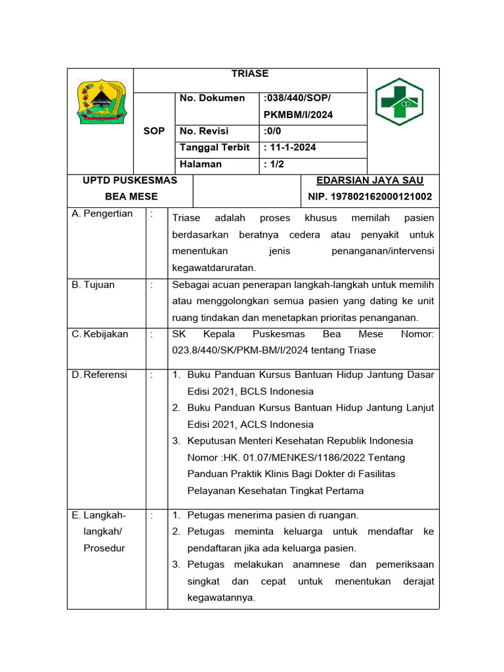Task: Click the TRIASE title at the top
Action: click(x=250, y=74)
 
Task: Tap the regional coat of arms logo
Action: click(x=100, y=102)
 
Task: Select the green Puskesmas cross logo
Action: click(x=404, y=102)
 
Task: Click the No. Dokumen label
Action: click(x=212, y=98)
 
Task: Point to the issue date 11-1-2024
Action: click(x=289, y=148)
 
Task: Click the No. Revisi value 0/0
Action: click(x=272, y=131)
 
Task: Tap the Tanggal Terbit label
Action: click(x=215, y=148)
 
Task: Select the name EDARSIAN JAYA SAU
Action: click(x=369, y=180)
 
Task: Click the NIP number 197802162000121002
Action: click(x=369, y=197)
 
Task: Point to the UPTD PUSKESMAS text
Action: click(x=129, y=180)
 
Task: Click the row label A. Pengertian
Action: click(x=102, y=214)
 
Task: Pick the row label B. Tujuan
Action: click(x=93, y=285)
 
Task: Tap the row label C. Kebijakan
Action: click(x=100, y=334)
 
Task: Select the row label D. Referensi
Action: click(x=100, y=375)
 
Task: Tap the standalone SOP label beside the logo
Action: click(x=154, y=131)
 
